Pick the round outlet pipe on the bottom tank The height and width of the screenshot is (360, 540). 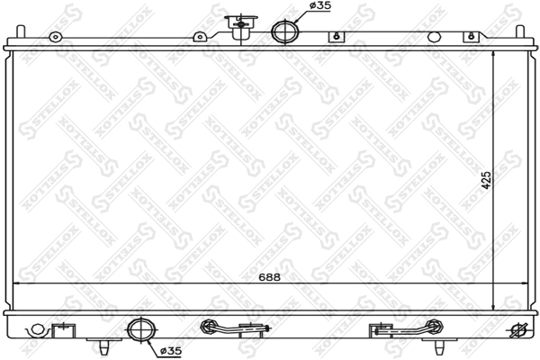[x=141, y=331]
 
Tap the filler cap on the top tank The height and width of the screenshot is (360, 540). [x=240, y=24]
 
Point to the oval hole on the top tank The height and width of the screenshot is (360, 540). [x=435, y=38]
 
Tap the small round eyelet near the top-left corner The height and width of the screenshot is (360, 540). [x=55, y=38]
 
